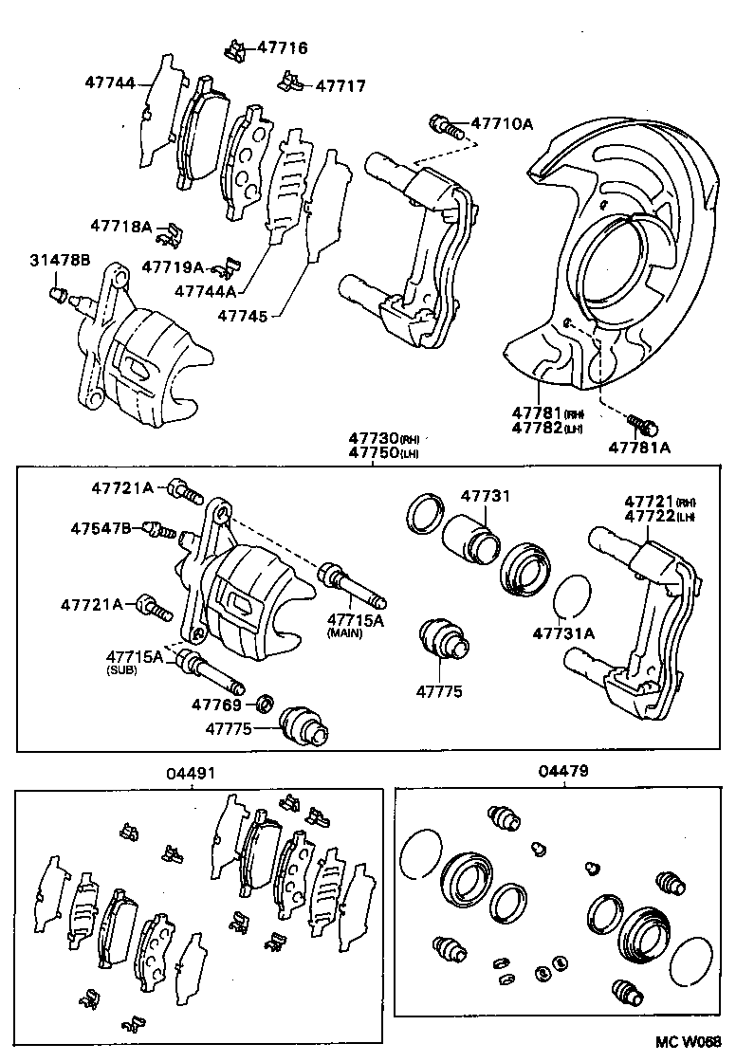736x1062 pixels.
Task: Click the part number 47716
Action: point(283,47)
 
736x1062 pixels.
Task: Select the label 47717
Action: point(340,85)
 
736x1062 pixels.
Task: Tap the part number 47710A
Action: point(503,123)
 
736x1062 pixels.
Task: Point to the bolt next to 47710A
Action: point(447,125)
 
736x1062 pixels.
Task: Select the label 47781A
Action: point(638,447)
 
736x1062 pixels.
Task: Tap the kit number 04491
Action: point(193,773)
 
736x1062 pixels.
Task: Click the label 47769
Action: point(218,705)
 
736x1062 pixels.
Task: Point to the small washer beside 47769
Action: point(267,705)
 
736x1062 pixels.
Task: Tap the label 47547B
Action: point(101,527)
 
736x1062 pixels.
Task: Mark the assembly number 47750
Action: point(374,453)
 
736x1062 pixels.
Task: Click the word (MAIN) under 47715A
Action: point(345,632)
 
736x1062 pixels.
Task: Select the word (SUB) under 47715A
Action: point(122,669)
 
